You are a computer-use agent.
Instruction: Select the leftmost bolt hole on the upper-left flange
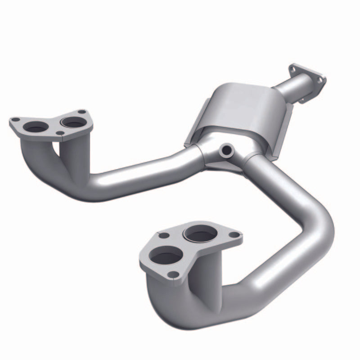(x=15, y=120)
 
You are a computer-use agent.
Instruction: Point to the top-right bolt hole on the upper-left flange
(x=81, y=112)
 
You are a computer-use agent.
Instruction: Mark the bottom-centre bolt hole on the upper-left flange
(x=60, y=133)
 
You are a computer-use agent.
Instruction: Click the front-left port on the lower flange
(x=166, y=256)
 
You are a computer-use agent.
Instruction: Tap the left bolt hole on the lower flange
(x=164, y=235)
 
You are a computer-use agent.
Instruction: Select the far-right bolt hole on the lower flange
(x=234, y=234)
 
